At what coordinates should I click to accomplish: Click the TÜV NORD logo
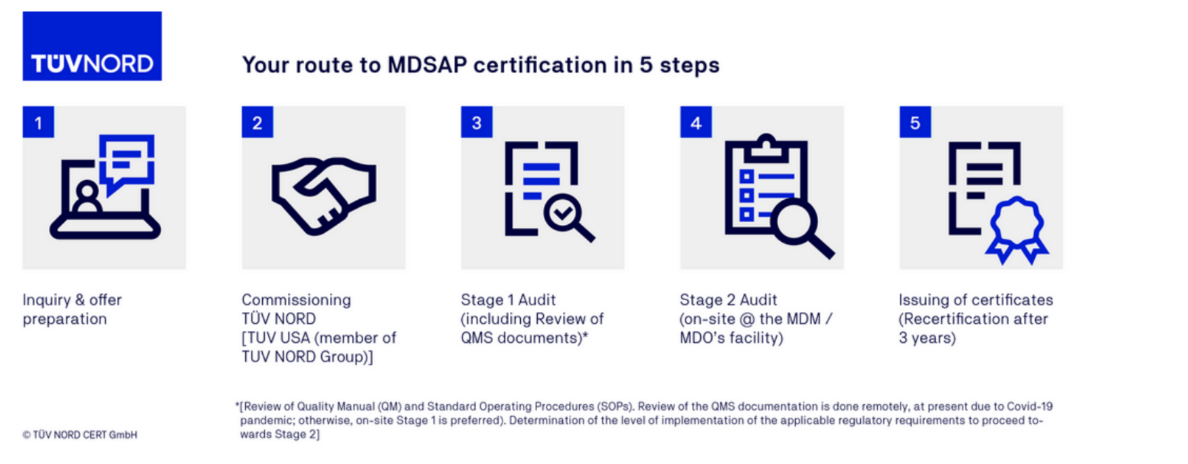pos(92,46)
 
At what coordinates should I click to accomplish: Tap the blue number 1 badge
pos(38,122)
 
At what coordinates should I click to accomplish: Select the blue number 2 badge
pos(257,122)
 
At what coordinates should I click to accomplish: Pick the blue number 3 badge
pos(477,122)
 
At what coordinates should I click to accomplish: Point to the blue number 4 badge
pos(696,122)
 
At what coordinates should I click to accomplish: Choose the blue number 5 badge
pos(915,122)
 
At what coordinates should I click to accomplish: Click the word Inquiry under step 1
pos(46,299)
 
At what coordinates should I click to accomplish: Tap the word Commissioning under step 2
pos(296,299)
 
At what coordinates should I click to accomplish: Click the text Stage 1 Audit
pos(508,299)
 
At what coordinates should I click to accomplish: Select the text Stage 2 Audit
pos(728,299)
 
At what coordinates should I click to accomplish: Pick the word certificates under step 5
pos(1013,299)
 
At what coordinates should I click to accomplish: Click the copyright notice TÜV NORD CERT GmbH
pos(80,435)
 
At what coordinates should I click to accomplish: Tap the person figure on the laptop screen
pos(87,197)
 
